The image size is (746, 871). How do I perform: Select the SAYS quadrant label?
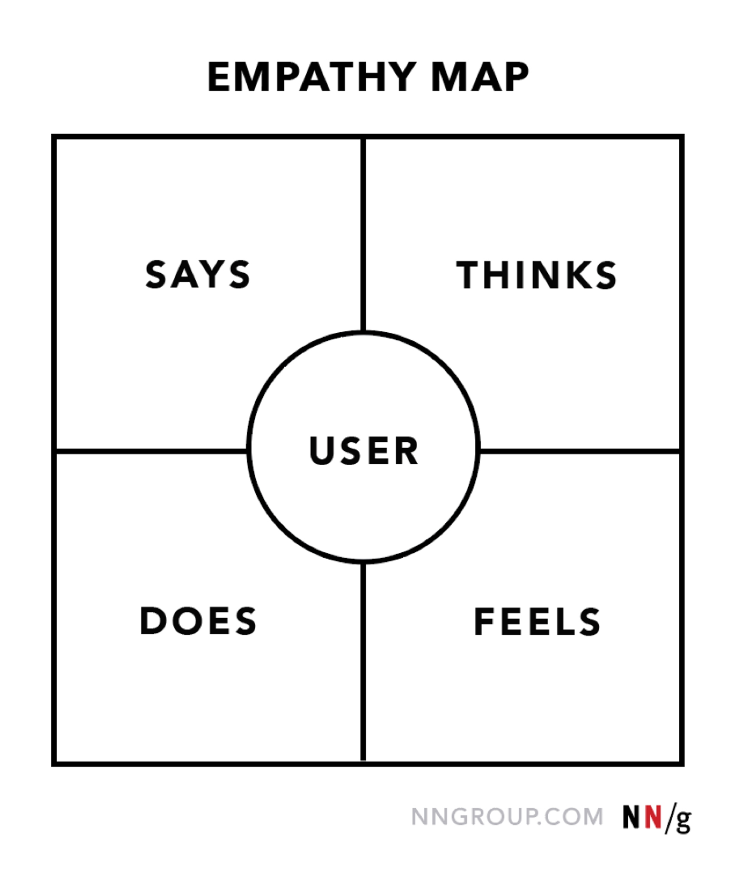point(197,274)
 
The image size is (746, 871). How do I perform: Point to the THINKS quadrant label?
point(536,275)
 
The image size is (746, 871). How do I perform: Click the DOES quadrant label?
point(198,620)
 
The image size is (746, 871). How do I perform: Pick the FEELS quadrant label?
point(537,622)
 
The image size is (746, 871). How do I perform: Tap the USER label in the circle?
point(364,450)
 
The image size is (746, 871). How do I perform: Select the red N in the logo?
point(653,817)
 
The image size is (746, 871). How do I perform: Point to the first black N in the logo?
point(631,817)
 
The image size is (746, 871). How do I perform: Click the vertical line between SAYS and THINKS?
point(363,236)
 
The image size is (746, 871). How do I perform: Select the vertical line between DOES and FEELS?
point(363,664)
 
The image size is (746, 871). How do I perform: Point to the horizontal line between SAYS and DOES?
point(151,451)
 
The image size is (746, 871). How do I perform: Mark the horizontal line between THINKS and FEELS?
point(580,451)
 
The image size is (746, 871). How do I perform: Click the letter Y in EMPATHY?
point(403,77)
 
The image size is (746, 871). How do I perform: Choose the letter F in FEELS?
point(483,622)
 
